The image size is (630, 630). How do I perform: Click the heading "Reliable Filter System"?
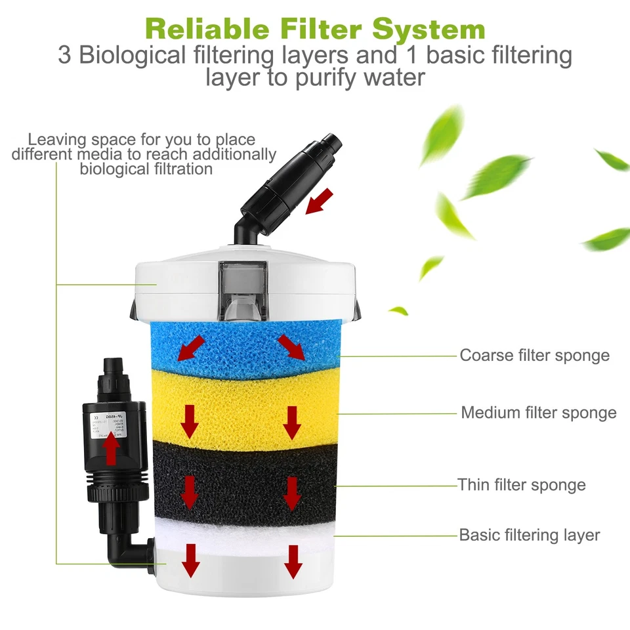pos(315,29)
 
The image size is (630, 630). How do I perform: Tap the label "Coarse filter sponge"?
pos(534,356)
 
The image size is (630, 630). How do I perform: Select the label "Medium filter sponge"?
pos(538,413)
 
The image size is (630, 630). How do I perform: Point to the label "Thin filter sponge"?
pos(522,485)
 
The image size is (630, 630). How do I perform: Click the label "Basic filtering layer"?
pos(529,535)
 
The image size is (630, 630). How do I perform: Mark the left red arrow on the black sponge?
pos(190,492)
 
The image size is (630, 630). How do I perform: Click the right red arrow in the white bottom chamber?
pos(293,561)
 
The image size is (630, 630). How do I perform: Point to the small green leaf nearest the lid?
pos(398,310)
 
